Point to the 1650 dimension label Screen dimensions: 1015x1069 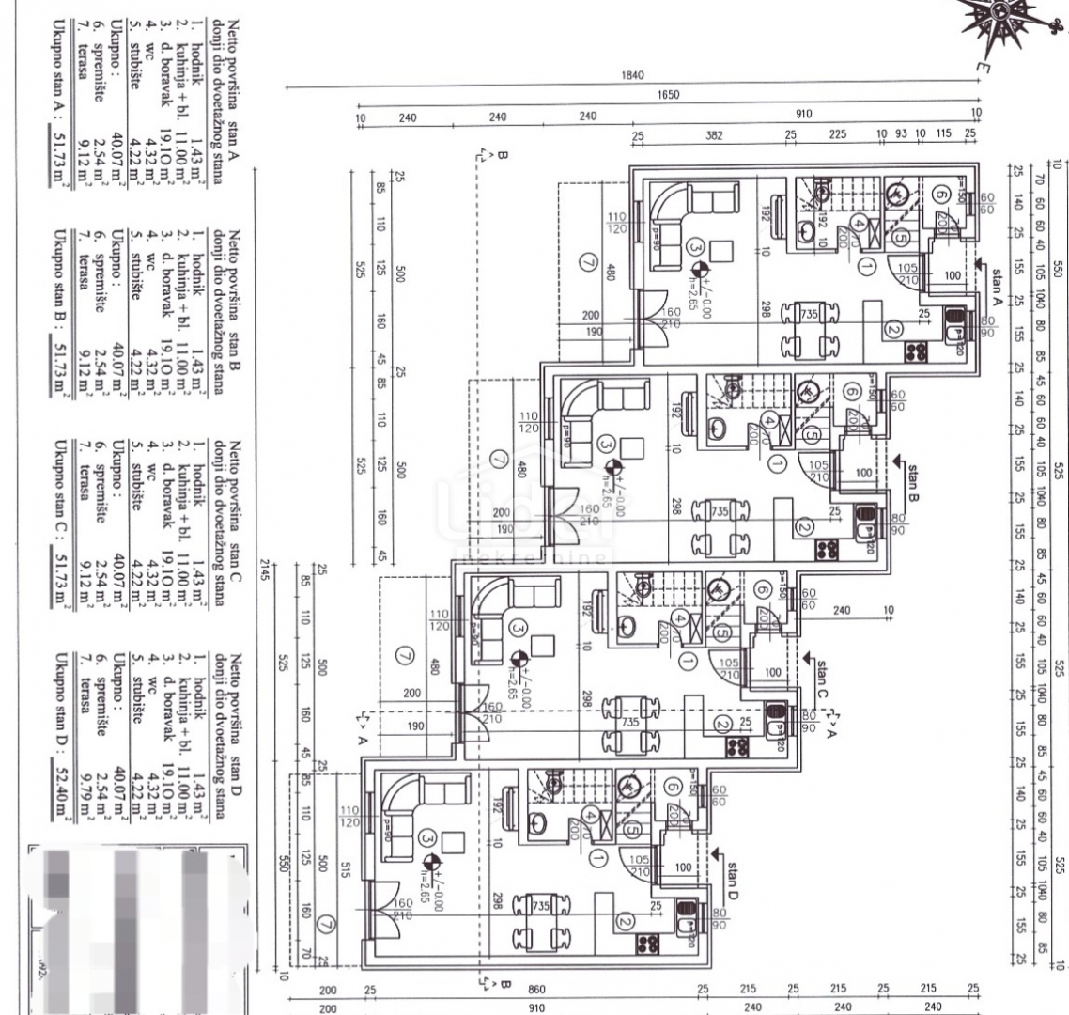[x=668, y=95]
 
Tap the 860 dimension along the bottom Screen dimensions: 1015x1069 [x=535, y=989]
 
